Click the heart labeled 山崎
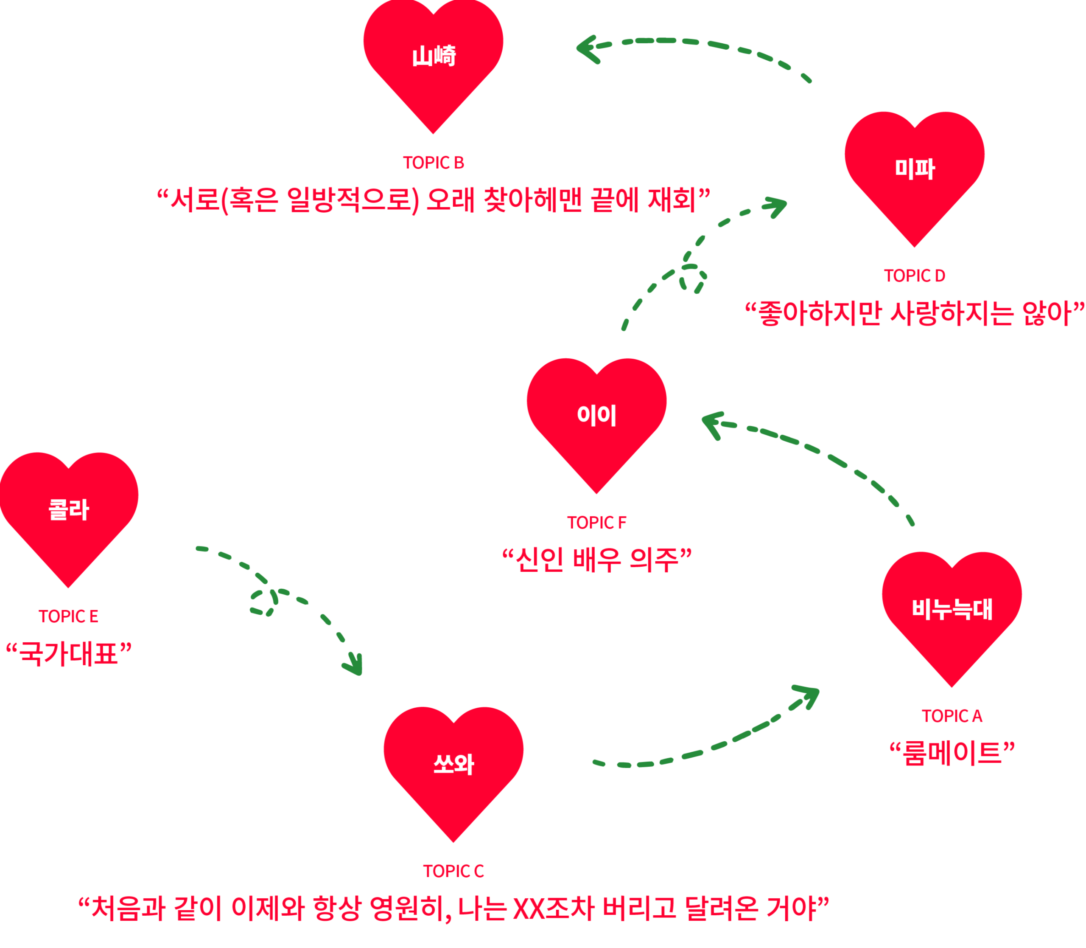(433, 58)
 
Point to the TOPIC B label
(433, 163)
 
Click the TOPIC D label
(914, 276)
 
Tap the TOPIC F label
(596, 523)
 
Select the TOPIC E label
(68, 616)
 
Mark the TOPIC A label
(952, 716)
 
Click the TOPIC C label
(453, 871)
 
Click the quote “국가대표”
(68, 654)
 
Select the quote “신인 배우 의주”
(596, 560)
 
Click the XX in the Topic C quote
(528, 909)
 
